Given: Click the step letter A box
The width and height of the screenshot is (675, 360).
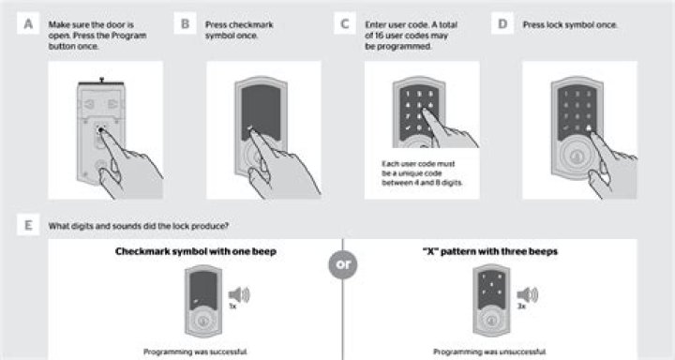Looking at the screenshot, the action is click(28, 23).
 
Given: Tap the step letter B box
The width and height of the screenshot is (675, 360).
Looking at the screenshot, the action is click(185, 23).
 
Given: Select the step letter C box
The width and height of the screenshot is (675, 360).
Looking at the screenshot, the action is click(345, 23).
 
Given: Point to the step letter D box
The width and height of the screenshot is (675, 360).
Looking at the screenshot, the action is click(502, 23).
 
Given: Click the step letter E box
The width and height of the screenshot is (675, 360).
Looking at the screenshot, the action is click(28, 225).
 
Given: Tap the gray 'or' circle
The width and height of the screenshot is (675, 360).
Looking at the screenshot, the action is click(343, 264).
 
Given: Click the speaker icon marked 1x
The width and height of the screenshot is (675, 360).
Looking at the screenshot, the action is click(239, 295).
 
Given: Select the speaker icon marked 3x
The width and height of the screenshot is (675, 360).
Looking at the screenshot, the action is click(527, 295).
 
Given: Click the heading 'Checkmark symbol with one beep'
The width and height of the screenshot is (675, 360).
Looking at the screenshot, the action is click(196, 251).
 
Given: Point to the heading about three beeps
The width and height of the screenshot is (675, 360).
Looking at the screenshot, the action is click(490, 251).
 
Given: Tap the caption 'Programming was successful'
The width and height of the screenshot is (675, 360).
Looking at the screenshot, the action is click(195, 352).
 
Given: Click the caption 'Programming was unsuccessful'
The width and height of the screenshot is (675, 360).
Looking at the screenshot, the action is click(490, 352).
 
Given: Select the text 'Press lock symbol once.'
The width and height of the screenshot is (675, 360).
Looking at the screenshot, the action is click(570, 25).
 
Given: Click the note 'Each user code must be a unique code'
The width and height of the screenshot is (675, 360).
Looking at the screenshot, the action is click(418, 169).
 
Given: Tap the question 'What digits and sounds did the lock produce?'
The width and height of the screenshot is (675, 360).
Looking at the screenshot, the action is click(138, 226).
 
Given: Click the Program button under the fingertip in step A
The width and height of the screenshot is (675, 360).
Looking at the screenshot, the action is click(100, 129).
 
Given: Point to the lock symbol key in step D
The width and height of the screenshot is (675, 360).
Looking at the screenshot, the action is click(588, 127).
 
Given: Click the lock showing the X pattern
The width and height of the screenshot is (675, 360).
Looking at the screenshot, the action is click(491, 301).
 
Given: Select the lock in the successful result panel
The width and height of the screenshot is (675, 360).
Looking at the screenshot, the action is click(203, 301).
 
